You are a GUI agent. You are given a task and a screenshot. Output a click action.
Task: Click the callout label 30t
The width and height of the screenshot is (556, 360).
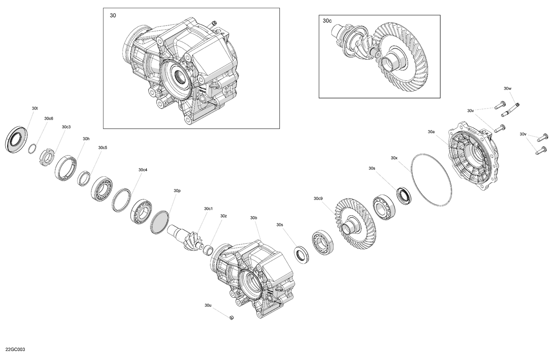[34, 108]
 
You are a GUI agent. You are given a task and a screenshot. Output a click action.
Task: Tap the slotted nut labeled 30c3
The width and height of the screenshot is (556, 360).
[47, 157]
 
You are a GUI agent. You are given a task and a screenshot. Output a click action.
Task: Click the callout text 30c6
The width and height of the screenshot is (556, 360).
[49, 119]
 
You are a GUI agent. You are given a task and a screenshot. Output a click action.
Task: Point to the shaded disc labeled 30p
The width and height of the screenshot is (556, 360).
[160, 222]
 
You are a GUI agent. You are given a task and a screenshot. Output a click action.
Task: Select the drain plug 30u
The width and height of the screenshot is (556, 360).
[231, 317]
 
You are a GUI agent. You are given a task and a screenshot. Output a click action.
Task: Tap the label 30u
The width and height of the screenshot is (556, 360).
[208, 306]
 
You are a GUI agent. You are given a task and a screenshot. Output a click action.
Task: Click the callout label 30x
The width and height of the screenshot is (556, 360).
[394, 158]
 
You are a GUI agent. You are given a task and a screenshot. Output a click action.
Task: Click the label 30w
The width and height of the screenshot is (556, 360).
[507, 89]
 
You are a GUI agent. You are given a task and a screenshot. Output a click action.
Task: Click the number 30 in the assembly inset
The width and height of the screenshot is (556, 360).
[113, 16]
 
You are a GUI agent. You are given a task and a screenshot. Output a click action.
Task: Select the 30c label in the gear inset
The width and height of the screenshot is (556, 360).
[327, 21]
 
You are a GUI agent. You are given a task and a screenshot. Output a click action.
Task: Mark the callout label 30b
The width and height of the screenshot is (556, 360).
[254, 218]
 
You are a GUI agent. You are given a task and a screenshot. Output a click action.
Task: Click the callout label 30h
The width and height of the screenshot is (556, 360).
[86, 139]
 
